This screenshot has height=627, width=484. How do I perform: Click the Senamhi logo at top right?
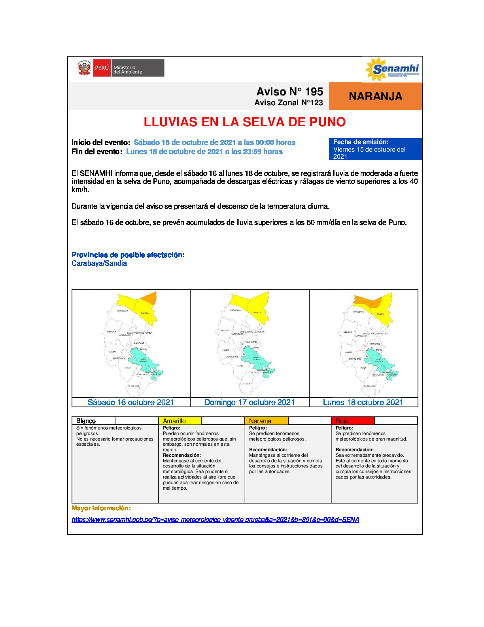click(392, 69)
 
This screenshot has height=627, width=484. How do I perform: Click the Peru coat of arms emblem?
click(84, 68)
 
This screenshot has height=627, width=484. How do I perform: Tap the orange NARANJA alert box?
click(375, 96)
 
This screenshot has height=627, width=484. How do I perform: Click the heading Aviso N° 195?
click(289, 91)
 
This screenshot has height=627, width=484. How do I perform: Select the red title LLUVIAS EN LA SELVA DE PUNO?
click(244, 122)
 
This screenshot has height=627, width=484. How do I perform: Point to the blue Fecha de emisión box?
click(375, 149)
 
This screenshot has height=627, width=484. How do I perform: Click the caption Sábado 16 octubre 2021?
click(131, 402)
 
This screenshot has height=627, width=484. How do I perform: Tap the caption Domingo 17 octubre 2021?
click(250, 402)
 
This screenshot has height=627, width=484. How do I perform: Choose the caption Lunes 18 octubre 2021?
click(363, 402)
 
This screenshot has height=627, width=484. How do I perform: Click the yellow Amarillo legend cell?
click(180, 421)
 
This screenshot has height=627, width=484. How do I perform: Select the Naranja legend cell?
click(267, 421)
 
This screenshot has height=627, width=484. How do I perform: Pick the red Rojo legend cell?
click(352, 421)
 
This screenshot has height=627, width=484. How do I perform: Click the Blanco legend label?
click(86, 421)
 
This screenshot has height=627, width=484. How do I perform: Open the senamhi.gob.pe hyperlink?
click(215, 519)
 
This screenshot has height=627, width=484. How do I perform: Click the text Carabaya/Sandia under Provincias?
click(99, 263)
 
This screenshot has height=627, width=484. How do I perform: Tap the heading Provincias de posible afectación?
click(128, 255)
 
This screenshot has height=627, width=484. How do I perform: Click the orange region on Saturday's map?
click(149, 297)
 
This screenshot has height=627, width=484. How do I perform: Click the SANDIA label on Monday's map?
click(380, 314)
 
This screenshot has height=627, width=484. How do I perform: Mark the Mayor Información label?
click(101, 508)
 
